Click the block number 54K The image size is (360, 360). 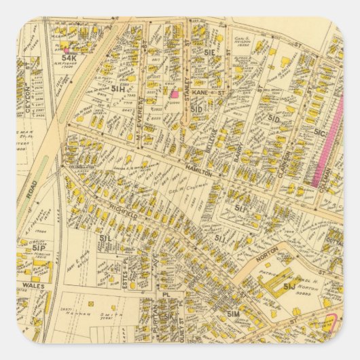(69, 58)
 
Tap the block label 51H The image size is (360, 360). (118, 89)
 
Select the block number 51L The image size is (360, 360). (105, 239)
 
